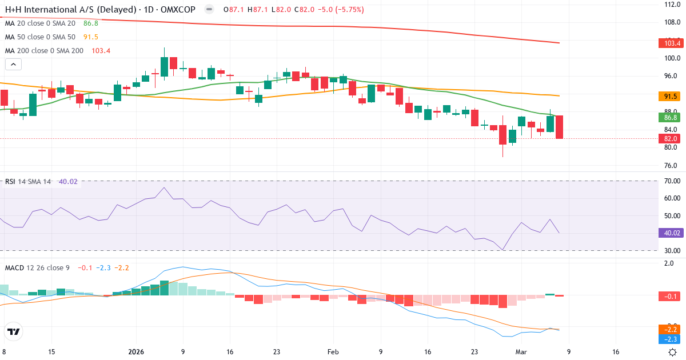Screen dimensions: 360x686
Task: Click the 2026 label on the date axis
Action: (136, 352)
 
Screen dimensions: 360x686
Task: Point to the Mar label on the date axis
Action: (521, 352)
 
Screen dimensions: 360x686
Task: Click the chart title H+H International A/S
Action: (67, 10)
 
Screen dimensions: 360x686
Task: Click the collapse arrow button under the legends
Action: (13, 65)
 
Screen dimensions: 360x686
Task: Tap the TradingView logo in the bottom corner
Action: (14, 331)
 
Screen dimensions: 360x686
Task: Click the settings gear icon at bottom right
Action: (673, 352)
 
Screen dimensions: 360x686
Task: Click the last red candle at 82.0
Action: (559, 127)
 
